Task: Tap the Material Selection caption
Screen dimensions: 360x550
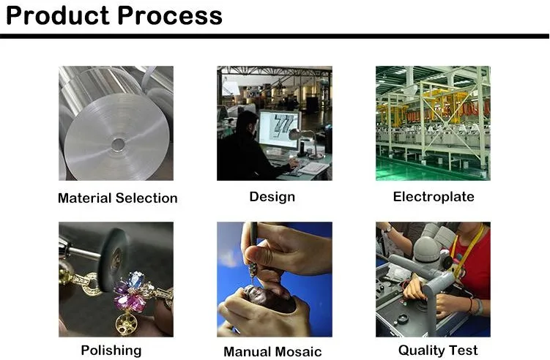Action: pyautogui.click(x=117, y=198)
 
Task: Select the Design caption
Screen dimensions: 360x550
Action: pyautogui.click(x=272, y=196)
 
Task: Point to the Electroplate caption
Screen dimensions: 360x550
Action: pyautogui.click(x=434, y=196)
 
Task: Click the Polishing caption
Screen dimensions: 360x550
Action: pyautogui.click(x=111, y=350)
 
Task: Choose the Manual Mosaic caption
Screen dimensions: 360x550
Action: pyautogui.click(x=272, y=351)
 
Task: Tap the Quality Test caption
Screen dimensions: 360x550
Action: pyautogui.click(x=438, y=350)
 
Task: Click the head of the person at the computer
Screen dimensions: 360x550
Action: pyautogui.click(x=248, y=121)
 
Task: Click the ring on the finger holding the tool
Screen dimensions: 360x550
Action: pyautogui.click(x=270, y=256)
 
